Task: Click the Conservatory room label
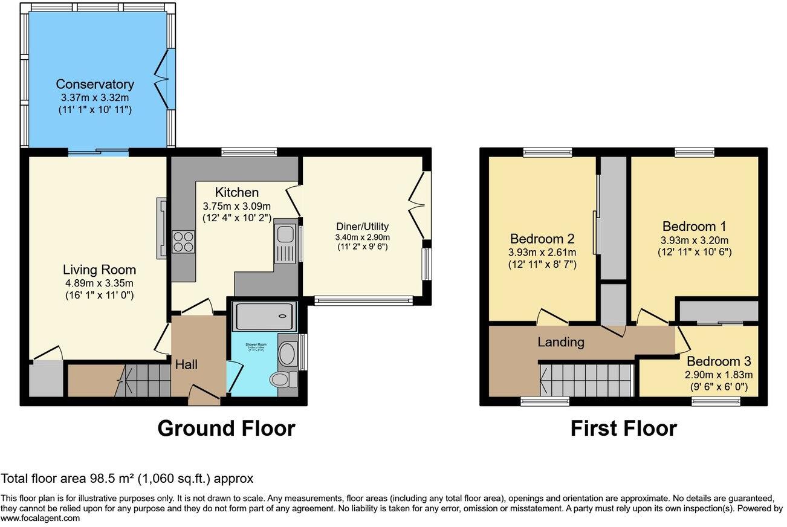95,84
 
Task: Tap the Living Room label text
100,270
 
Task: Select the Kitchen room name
237,192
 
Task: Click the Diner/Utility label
363,227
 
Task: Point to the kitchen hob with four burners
183,242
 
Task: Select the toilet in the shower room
282,380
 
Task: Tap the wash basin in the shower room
287,353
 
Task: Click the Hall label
187,364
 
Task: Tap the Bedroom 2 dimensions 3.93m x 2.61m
543,252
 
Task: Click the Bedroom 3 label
719,361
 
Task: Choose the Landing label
561,342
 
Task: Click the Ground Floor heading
226,428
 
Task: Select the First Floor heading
623,428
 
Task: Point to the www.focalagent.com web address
40,518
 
